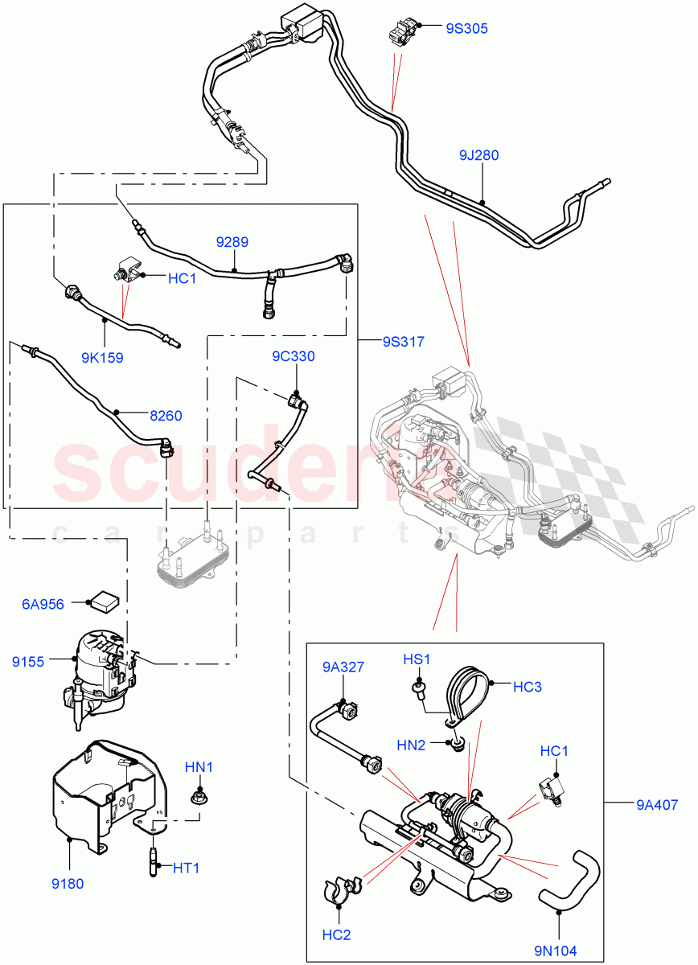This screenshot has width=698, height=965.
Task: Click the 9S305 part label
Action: point(466,28)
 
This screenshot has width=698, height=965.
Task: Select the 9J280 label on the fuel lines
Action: point(479,154)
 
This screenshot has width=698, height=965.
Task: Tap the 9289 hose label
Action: point(232,240)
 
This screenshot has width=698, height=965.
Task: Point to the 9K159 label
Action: point(103,358)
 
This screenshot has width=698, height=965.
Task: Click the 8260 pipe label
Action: point(166,416)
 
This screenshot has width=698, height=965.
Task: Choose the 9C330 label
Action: point(293,356)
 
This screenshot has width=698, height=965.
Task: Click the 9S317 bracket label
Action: point(402,341)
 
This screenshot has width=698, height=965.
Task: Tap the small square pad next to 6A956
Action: point(103,599)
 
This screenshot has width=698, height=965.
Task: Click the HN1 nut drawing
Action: point(198,798)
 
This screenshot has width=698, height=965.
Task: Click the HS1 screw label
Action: point(417,659)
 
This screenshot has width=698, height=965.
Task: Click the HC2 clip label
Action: point(339,936)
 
